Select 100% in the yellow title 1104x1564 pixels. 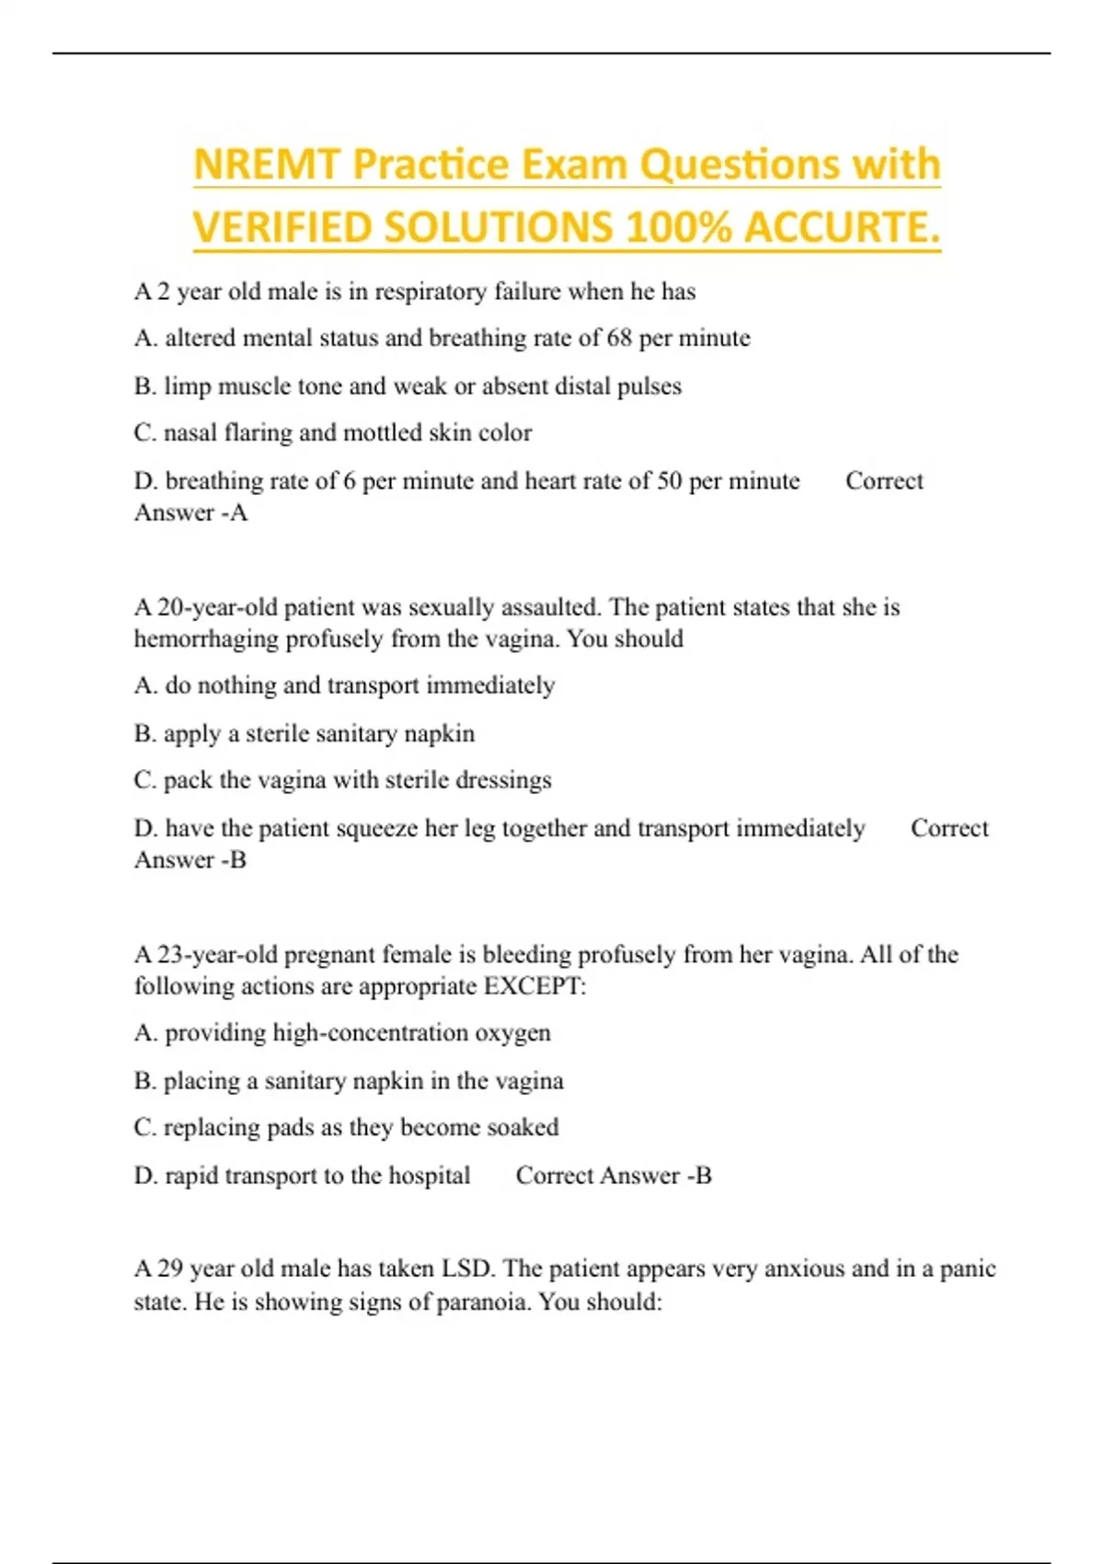point(677,228)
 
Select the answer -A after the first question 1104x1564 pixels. point(231,512)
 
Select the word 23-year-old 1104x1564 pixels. point(218,955)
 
